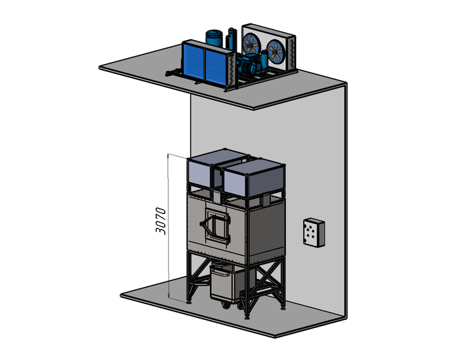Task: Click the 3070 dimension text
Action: pyautogui.click(x=161, y=221)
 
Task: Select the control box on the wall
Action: pyautogui.click(x=314, y=233)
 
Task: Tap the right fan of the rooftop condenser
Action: pyautogui.click(x=276, y=50)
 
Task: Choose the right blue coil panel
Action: pyautogui.click(x=216, y=68)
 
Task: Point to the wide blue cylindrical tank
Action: pyautogui.click(x=214, y=38)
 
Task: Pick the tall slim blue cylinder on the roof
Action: pyautogui.click(x=231, y=38)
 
